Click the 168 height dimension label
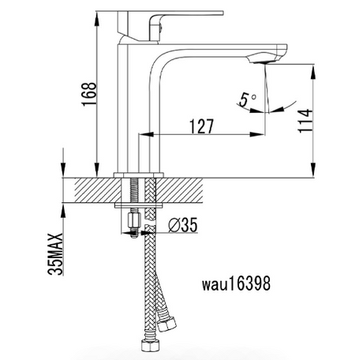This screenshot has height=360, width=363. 89,94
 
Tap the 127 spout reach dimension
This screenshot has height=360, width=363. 201,126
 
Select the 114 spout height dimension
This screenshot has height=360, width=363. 305,121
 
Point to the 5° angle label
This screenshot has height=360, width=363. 247,100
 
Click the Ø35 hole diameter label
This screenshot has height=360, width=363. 183,225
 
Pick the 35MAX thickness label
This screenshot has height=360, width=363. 55,254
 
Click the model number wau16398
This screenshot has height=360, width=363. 236,283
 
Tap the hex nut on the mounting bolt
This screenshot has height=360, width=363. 134,220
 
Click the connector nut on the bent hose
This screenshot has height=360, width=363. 167,324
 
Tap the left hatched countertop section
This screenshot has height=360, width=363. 98,190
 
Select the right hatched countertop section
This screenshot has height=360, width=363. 179,190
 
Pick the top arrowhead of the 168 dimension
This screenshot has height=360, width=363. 97,19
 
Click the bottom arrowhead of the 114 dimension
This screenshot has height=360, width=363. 312,171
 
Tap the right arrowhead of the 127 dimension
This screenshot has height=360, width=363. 256,134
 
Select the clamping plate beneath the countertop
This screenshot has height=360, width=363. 139,205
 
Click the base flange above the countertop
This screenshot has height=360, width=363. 139,175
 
